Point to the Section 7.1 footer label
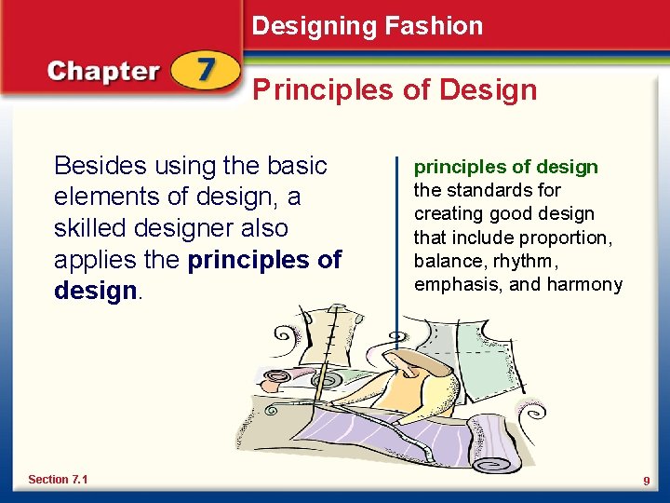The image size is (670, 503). [x=58, y=479]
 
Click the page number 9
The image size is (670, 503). [x=645, y=480]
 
